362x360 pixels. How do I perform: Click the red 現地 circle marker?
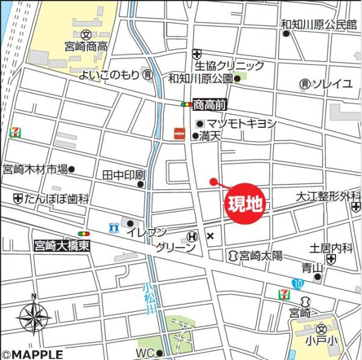pos(246,204)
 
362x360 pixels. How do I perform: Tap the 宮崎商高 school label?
pos(86,46)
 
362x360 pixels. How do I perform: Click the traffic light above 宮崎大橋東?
pos(83,233)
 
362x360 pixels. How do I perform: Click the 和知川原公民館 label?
pos(319,25)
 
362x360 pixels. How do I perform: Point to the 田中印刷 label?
pos(124,175)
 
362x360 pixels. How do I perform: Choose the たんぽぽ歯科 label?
pos(57,198)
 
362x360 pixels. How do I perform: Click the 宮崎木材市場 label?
pos(35,169)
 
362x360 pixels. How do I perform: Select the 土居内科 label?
pos(331,247)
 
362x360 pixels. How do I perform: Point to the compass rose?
pos(34,317)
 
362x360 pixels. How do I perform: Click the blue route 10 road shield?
pos(297,283)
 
